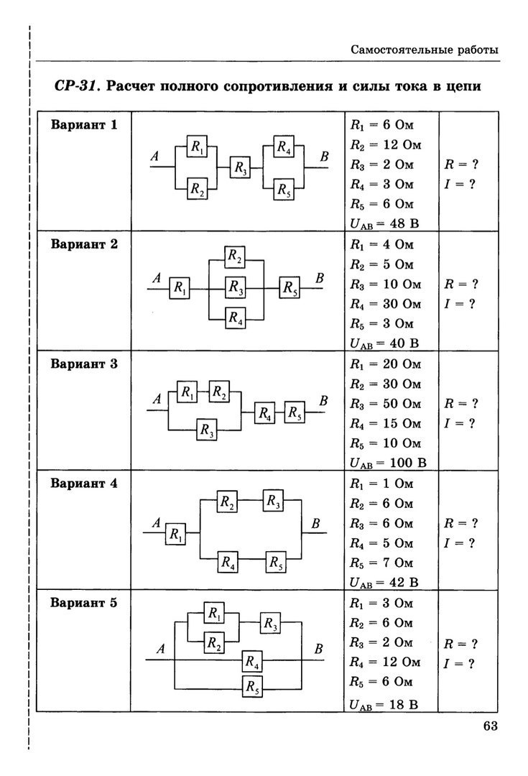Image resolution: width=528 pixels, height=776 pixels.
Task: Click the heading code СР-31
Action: (x=77, y=86)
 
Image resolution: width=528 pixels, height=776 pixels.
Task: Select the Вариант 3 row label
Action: (x=83, y=364)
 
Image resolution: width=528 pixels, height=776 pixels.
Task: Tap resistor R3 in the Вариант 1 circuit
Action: (x=241, y=169)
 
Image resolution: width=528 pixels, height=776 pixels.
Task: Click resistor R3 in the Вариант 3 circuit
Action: (x=208, y=430)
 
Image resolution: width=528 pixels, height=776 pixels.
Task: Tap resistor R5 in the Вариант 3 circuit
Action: (x=295, y=413)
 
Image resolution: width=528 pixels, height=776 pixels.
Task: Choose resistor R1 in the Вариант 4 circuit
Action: (x=175, y=534)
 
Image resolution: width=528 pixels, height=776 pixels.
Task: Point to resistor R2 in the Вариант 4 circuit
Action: (x=228, y=502)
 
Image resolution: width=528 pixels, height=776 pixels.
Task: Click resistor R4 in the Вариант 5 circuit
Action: (x=251, y=660)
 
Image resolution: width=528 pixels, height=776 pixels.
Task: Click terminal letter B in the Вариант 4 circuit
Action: (x=315, y=524)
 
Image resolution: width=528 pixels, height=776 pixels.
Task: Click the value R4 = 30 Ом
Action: (x=384, y=303)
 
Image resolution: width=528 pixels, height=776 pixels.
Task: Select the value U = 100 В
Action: (x=388, y=462)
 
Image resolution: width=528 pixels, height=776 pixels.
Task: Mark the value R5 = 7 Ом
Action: (x=381, y=562)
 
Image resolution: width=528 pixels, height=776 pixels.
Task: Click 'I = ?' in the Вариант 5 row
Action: (x=460, y=663)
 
